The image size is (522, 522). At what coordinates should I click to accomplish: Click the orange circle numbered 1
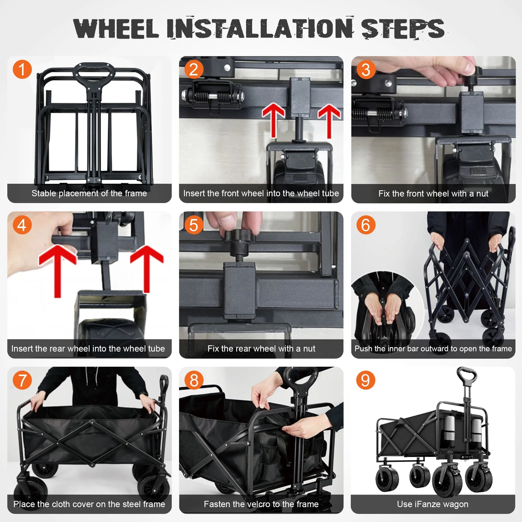pos(22,69)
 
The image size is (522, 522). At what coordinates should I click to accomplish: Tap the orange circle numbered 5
pos(193,225)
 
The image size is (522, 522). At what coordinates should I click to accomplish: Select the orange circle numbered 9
pos(366,380)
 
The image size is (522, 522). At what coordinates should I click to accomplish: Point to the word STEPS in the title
pos(402,29)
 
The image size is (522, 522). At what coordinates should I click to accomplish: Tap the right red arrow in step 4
pos(147,268)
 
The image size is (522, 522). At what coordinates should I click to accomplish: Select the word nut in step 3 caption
pos(482,193)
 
